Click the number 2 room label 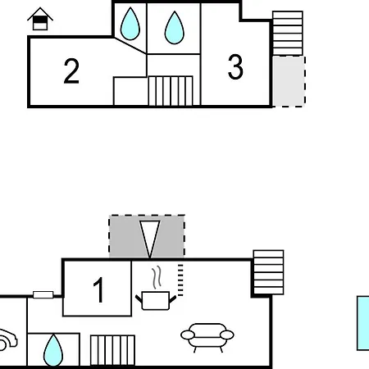click(71, 71)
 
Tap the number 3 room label click(235, 67)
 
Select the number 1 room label click(98, 289)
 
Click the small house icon click(40, 19)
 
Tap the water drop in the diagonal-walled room click(130, 24)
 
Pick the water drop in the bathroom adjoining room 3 click(175, 28)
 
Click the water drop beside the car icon click(53, 350)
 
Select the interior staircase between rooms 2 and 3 click(171, 91)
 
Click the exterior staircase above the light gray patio click(288, 34)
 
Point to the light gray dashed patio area click(289, 81)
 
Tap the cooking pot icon click(156, 300)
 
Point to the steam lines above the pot click(157, 277)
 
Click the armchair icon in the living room click(207, 338)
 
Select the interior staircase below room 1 click(112, 350)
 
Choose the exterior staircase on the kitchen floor click(268, 272)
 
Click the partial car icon click(7, 339)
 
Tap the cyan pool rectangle click(363, 323)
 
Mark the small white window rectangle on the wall click(43, 295)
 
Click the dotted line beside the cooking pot click(180, 280)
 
